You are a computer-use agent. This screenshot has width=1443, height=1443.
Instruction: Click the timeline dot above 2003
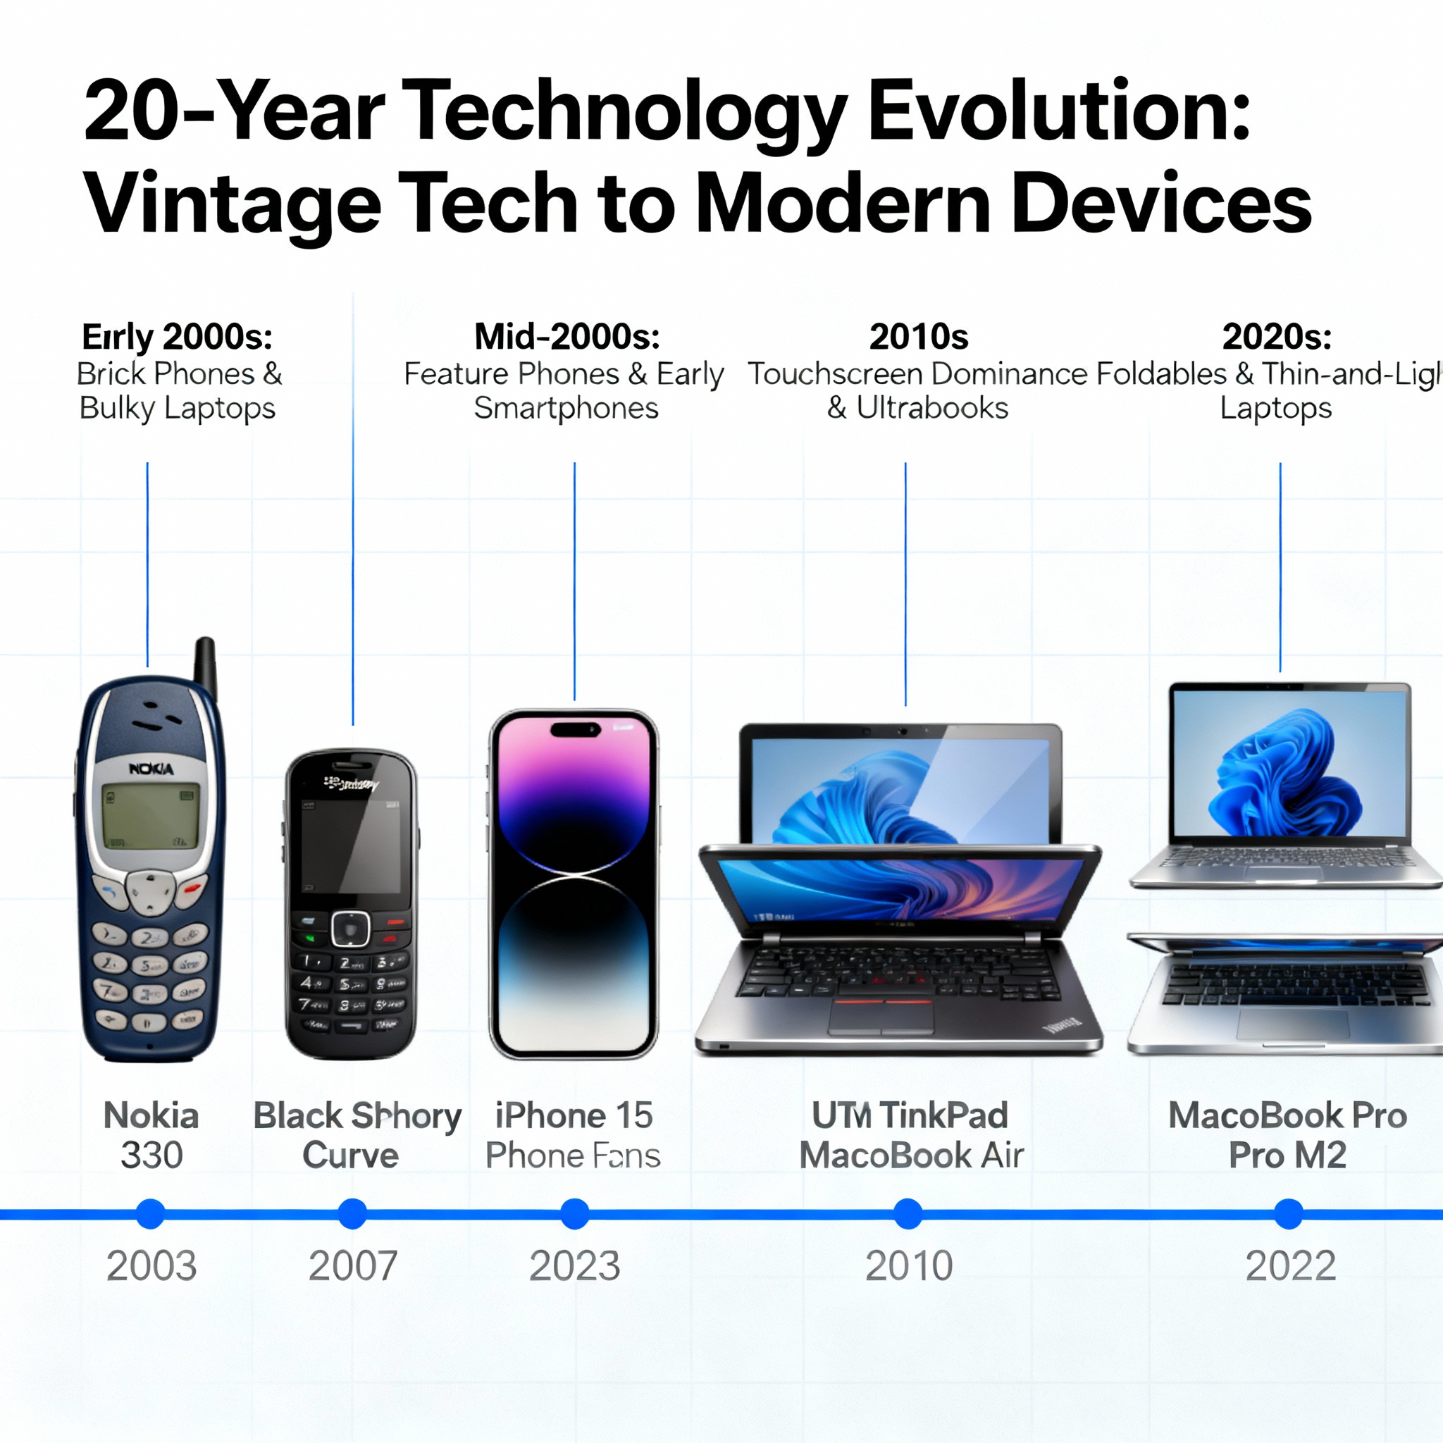pos(150,1214)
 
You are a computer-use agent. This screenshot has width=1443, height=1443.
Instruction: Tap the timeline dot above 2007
pos(352,1214)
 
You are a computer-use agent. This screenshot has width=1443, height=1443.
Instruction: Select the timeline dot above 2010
pos(908,1214)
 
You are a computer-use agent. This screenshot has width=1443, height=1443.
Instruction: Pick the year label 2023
pos(574,1267)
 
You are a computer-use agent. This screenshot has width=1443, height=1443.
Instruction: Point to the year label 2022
pos(1290,1267)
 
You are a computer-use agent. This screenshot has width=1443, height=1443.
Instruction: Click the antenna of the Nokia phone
pos(206,664)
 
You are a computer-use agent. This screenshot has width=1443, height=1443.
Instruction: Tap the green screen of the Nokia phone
pos(151,817)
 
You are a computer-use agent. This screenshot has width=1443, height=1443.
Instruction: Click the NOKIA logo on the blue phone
pos(151,769)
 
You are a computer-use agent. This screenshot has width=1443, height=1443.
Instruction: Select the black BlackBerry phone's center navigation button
pos(350,928)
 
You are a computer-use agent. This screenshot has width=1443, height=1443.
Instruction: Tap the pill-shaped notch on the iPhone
pos(574,729)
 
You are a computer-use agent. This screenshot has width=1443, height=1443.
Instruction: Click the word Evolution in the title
pos(1059,112)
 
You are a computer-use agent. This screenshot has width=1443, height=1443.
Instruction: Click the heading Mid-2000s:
pos(567,337)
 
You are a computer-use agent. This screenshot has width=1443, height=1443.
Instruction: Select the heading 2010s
pos(918,337)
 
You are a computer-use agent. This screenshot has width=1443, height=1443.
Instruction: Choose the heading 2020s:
pos(1277,337)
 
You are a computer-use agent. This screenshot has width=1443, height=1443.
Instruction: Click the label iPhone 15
pos(574,1116)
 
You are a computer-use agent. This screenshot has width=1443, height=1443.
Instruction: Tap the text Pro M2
pos(1288,1156)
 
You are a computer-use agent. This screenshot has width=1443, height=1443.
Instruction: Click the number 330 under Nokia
pos(151,1156)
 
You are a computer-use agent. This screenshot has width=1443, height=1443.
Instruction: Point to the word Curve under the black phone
pos(350,1156)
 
